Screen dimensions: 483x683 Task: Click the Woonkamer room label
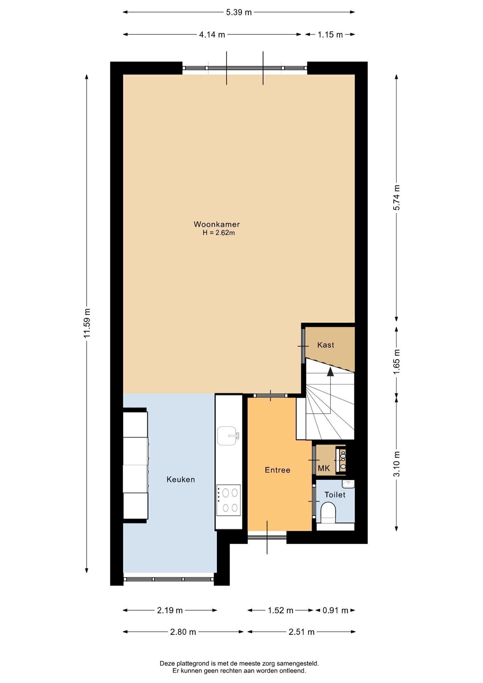(217, 224)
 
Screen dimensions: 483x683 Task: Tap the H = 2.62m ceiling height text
(219, 233)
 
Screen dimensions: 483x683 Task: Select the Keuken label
(181, 480)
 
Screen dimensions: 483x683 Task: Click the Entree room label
(277, 470)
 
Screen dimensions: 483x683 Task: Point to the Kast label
(326, 345)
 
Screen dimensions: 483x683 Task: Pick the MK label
(324, 468)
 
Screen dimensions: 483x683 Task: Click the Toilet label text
(335, 495)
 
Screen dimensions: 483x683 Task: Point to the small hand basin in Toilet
(348, 484)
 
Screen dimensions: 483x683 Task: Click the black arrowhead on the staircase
(330, 372)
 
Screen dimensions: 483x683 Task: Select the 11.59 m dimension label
(87, 323)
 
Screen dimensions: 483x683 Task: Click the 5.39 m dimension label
(239, 12)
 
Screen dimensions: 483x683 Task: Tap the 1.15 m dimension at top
(330, 35)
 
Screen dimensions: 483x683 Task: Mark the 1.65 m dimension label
(397, 361)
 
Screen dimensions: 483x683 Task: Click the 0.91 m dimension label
(335, 611)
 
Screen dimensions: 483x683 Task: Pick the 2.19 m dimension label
(170, 611)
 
